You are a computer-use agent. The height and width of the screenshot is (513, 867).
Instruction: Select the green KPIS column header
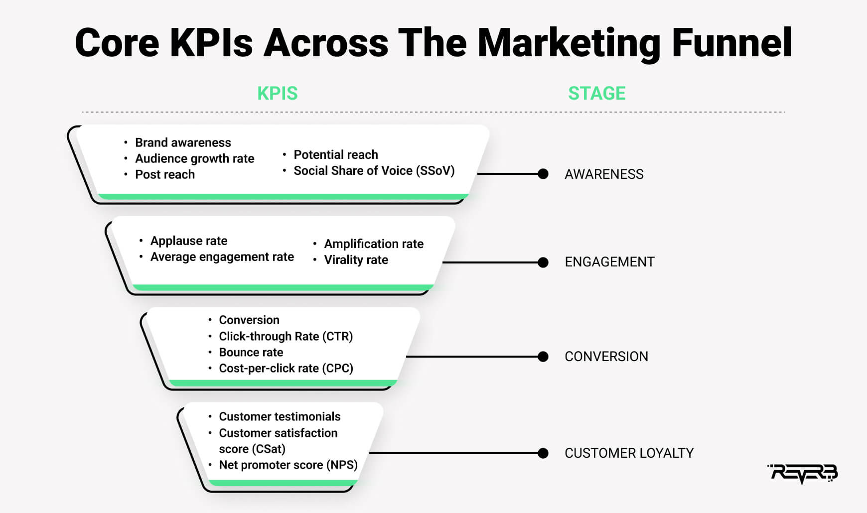click(278, 93)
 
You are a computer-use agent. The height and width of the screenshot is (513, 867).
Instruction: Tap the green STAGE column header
click(597, 93)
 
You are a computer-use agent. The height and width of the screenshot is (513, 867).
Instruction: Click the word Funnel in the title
click(732, 43)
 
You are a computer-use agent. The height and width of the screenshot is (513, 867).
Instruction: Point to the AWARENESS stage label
click(604, 174)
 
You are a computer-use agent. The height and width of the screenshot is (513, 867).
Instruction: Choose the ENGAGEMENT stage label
click(609, 262)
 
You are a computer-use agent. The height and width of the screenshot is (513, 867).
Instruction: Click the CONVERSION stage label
click(606, 357)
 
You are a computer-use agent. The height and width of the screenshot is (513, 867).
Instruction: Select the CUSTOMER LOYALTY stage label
click(629, 453)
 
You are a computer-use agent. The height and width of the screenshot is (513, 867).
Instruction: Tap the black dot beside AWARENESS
click(543, 174)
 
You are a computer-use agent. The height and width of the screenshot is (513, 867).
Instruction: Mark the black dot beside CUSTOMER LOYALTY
click(543, 453)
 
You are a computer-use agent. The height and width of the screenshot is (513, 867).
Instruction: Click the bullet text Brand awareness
click(183, 143)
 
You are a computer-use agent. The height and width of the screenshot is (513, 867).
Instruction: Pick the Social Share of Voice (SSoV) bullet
click(374, 171)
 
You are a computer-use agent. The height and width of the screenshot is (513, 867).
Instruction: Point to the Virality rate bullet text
click(356, 260)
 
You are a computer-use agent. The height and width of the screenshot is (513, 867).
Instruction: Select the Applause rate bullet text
click(189, 241)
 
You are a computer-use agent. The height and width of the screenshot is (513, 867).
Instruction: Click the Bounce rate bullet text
click(251, 353)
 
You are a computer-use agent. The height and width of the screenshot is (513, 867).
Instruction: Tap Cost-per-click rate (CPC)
click(286, 369)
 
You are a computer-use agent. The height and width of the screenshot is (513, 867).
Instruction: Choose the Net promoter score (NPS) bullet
click(289, 465)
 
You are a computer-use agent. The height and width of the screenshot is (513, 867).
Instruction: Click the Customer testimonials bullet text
click(280, 417)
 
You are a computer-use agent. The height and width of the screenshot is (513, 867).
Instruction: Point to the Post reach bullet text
click(165, 175)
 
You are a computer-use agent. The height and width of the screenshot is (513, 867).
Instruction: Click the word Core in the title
click(117, 43)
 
